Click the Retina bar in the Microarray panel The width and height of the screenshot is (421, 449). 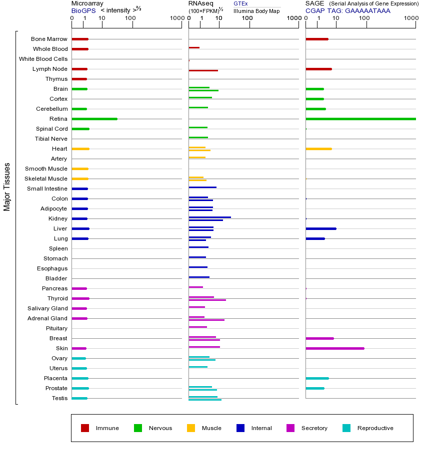pyautogui.click(x=94, y=119)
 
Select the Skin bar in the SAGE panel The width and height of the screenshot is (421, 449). pyautogui.click(x=334, y=348)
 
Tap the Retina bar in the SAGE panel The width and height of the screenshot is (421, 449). pyautogui.click(x=360, y=119)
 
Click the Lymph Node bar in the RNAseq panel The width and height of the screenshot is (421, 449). pyautogui.click(x=203, y=70)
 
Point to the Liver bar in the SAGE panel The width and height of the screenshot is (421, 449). pyautogui.click(x=320, y=228)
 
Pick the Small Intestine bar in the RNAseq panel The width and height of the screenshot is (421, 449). pyautogui.click(x=202, y=187)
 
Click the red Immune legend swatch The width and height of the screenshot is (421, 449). pyautogui.click(x=85, y=428)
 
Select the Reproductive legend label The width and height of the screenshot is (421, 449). pyautogui.click(x=375, y=428)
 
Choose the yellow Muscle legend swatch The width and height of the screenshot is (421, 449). pyautogui.click(x=191, y=428)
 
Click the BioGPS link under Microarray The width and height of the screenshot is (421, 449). pyautogui.click(x=82, y=10)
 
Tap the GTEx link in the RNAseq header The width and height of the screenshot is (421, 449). pyautogui.click(x=240, y=3)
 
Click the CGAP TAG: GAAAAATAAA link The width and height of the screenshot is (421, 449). pyautogui.click(x=347, y=10)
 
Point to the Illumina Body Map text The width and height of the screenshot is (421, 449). pyautogui.click(x=256, y=10)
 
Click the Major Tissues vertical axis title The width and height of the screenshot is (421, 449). pyautogui.click(x=7, y=187)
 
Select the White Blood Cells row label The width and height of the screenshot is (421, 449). pyautogui.click(x=43, y=59)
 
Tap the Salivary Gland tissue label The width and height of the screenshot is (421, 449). pyautogui.click(x=47, y=308)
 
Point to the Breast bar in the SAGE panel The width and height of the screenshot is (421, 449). pyautogui.click(x=319, y=338)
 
